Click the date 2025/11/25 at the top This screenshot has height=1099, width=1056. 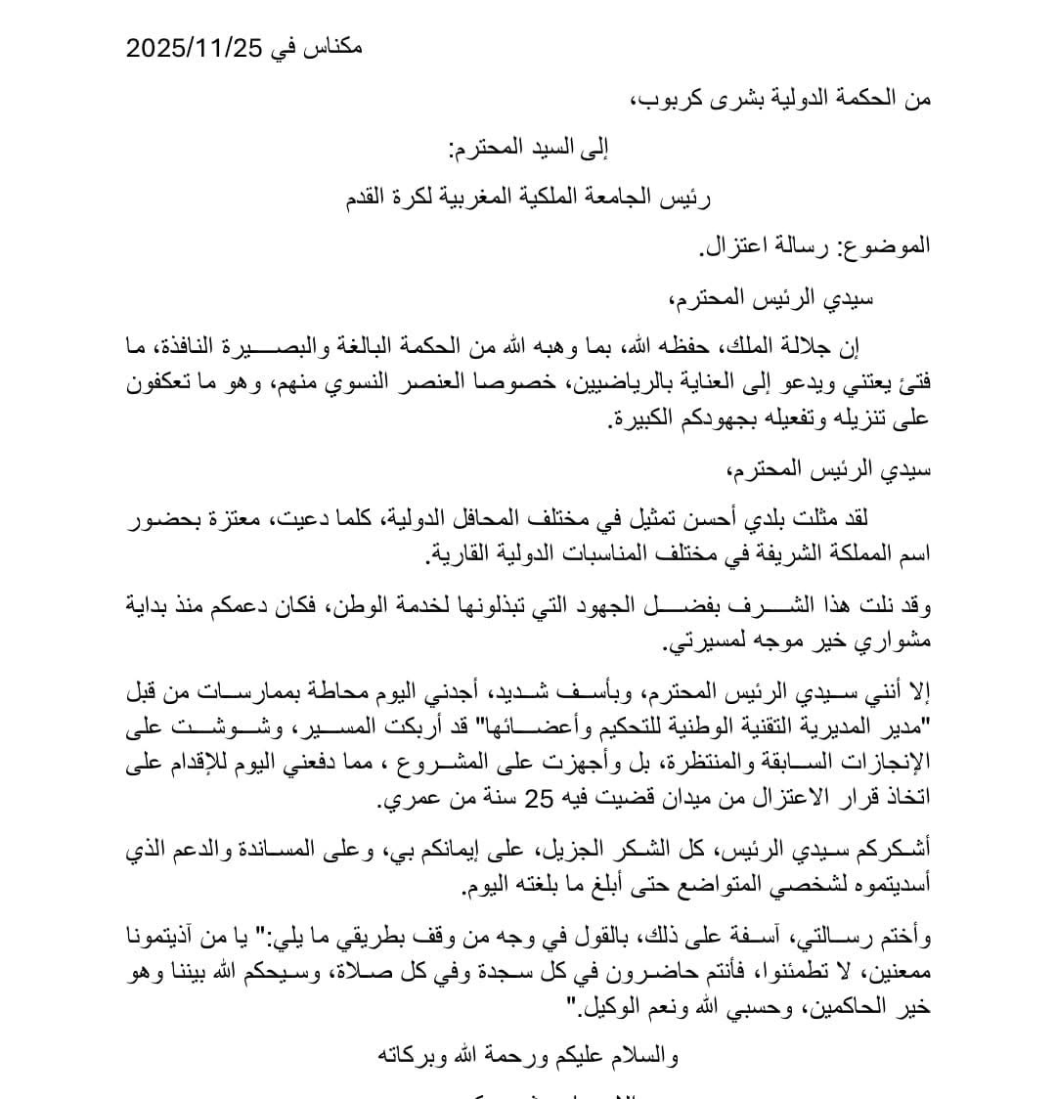coord(196,48)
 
